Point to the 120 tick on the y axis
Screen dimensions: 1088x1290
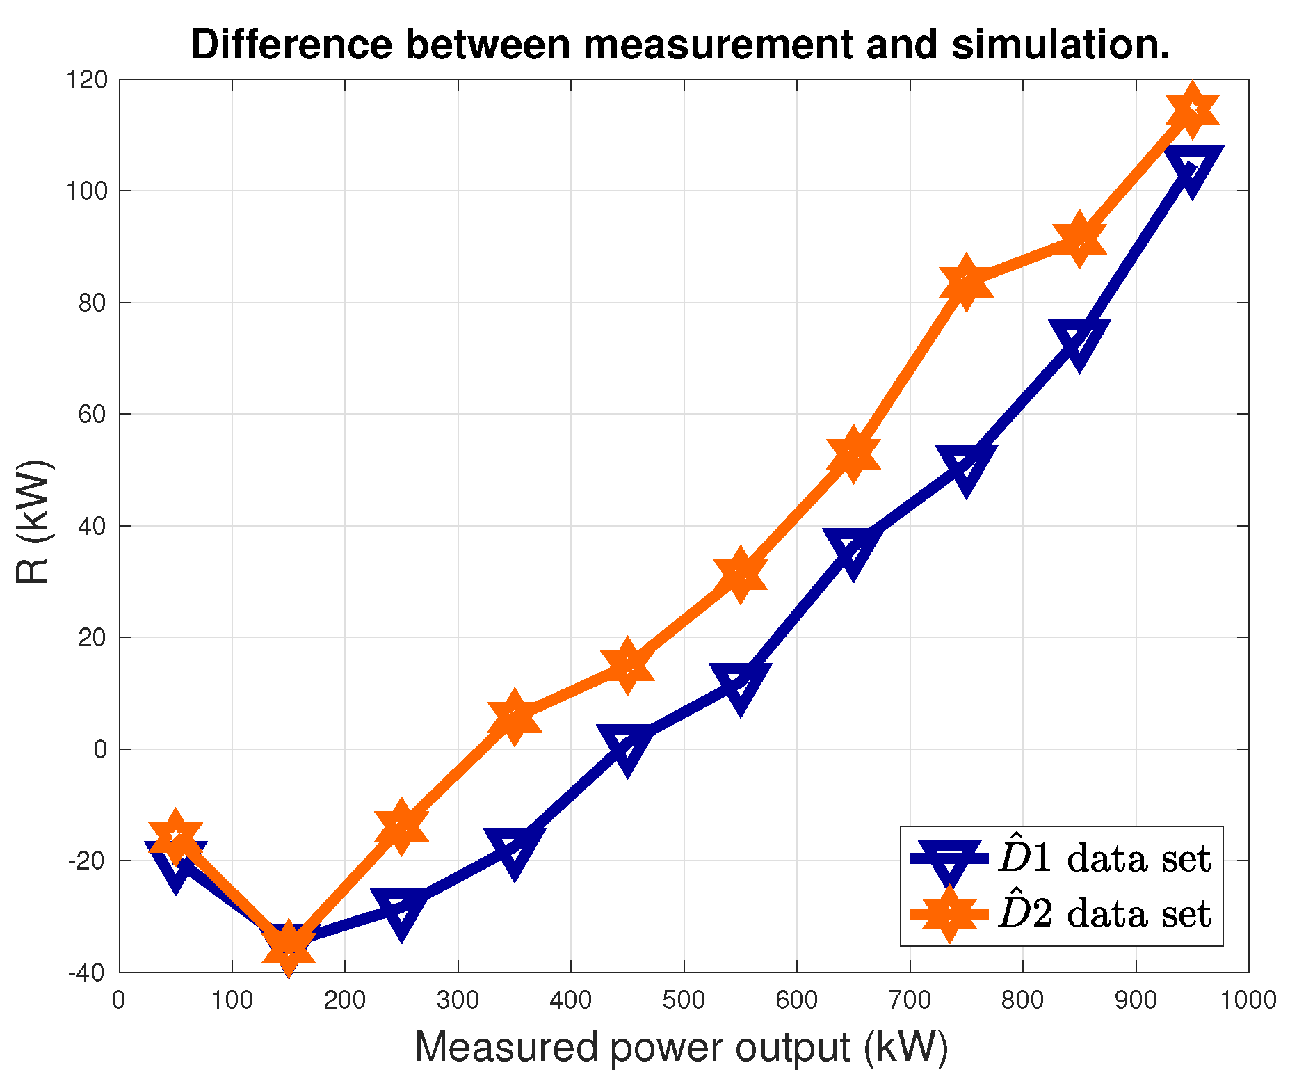coord(88,81)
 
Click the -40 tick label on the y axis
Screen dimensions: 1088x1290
coord(88,973)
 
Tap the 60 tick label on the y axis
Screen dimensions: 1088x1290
coord(93,415)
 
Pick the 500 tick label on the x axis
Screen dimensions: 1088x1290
coord(684,1000)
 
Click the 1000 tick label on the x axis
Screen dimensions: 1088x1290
coord(1248,1000)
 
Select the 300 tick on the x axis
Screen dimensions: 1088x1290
coord(458,1000)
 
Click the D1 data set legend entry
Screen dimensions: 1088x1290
coord(1104,858)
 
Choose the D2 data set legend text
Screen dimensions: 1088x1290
coord(1104,913)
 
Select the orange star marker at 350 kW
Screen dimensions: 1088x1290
coord(514,717)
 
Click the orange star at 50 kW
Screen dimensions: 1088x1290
coord(175,835)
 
